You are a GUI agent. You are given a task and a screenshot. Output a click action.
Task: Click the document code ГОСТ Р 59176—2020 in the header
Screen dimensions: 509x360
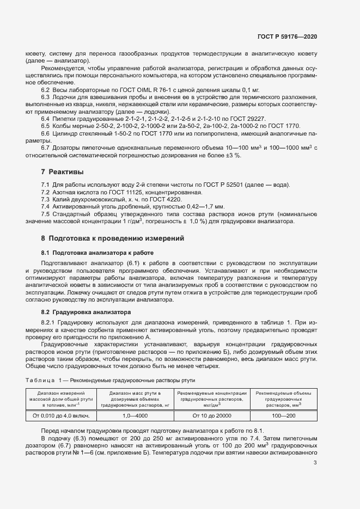click(x=286, y=36)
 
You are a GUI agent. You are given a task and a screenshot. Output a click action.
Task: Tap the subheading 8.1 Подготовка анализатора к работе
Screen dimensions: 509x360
click(x=97, y=253)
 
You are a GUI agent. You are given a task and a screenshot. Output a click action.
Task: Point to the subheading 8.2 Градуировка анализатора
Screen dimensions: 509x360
click(x=86, y=312)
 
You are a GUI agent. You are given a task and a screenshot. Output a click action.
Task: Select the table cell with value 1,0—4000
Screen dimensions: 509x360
click(x=135, y=415)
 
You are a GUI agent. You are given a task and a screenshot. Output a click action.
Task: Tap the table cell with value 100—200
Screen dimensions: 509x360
click(x=283, y=415)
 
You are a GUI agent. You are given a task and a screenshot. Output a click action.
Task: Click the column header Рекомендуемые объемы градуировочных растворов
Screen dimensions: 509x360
click(x=283, y=398)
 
